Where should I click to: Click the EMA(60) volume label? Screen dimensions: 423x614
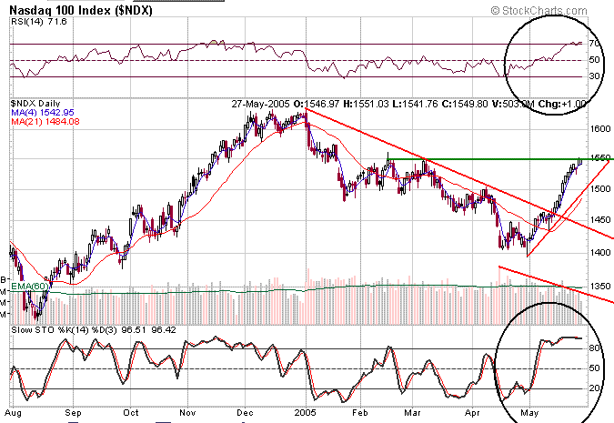(x=25, y=287)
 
